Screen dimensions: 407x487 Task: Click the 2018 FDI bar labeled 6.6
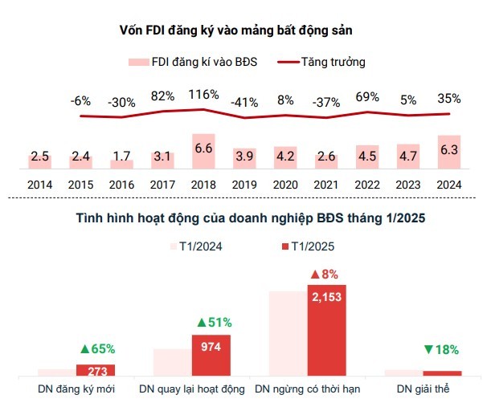coord(203,151)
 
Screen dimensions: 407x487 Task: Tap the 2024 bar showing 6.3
coord(448,152)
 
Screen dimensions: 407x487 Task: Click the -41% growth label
coord(243,102)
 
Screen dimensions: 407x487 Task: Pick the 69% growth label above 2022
coord(367,97)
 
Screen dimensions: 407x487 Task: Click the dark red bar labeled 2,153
coord(326,330)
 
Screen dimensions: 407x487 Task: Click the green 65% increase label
coord(97,348)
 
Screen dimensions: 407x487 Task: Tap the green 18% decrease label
coord(441,349)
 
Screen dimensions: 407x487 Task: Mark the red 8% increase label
coord(326,274)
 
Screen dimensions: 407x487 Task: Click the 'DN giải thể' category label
coord(424,389)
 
